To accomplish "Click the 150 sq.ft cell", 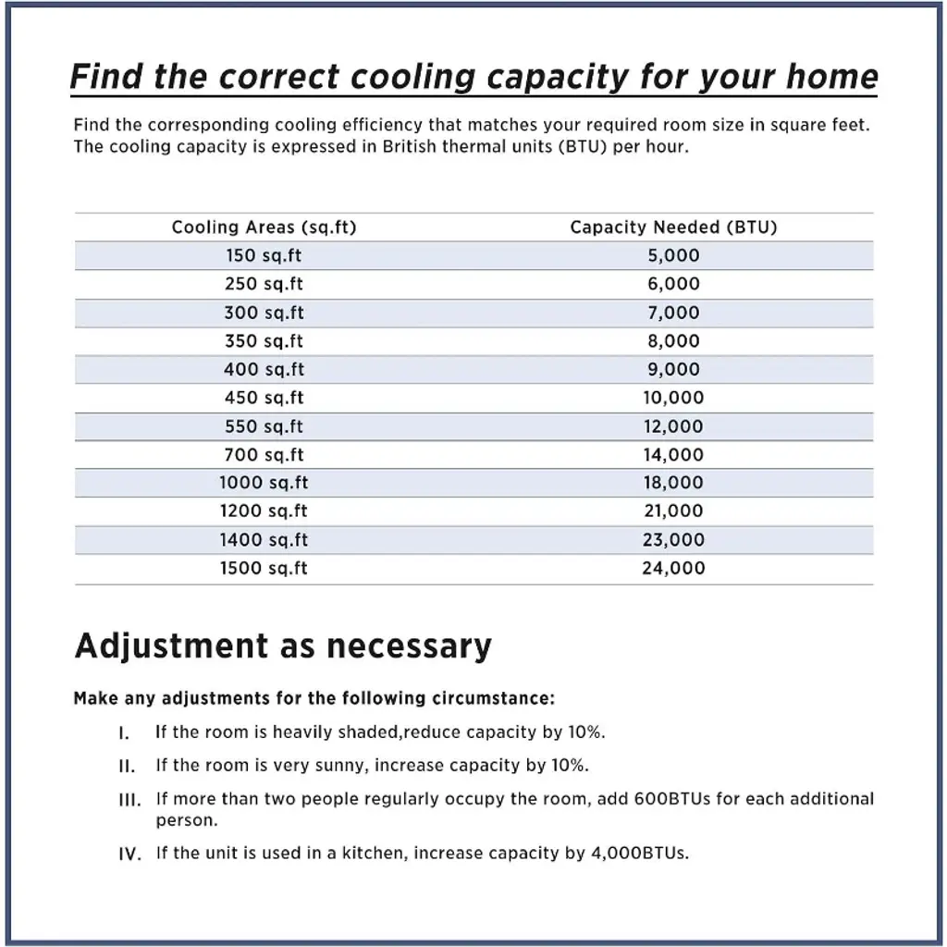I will pos(264,255).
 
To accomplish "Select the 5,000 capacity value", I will pos(673,255).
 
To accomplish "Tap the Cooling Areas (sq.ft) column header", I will pos(264,227).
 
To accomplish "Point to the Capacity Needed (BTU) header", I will pos(673,227).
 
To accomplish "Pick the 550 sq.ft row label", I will pos(264,426).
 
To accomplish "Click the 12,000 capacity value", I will pos(673,426).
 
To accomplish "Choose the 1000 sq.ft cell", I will pos(264,483).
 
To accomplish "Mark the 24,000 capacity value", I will pos(673,568).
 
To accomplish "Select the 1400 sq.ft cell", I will pos(264,539).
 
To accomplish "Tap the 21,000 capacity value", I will pos(673,510).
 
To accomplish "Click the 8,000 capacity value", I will pos(673,341).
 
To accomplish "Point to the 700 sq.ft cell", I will pos(264,455).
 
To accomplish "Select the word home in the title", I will pos(831,76).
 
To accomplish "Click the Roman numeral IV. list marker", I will pos(130,854).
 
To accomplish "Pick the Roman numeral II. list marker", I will pos(128,767).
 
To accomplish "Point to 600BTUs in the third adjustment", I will pos(672,798).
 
